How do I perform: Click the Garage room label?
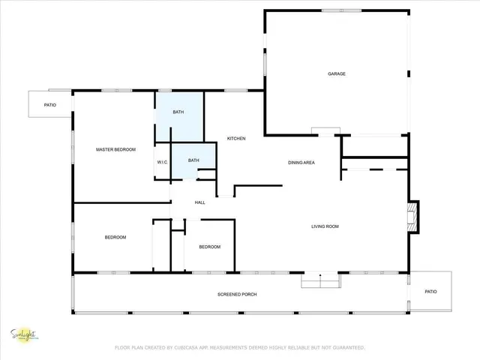[x=337, y=73]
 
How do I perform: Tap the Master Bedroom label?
[x=115, y=150]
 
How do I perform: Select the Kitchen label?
[x=237, y=139]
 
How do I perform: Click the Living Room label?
[x=326, y=226]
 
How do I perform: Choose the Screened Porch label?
[x=237, y=294]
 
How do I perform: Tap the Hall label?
[x=200, y=202]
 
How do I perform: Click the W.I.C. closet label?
[x=162, y=162]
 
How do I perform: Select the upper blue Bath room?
[x=178, y=112]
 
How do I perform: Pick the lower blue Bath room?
[x=193, y=160]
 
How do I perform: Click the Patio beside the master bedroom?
[x=49, y=104]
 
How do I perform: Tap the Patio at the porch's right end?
[x=430, y=292]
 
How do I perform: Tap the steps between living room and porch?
[x=320, y=280]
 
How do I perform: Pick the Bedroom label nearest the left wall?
[x=115, y=237]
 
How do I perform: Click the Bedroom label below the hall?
[x=209, y=247]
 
